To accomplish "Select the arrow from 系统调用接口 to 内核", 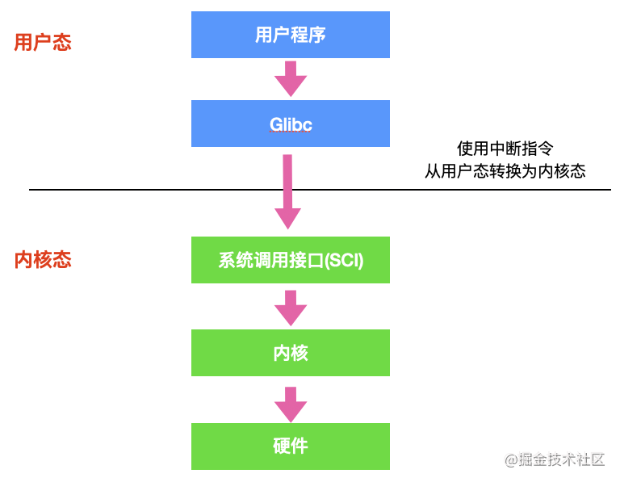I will point(291,307).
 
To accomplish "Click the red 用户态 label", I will point(43,42).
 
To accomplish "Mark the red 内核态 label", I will point(43,260).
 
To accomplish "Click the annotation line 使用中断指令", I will point(505,149).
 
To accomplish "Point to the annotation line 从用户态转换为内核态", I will point(505,171).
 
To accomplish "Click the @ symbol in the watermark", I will point(510,460).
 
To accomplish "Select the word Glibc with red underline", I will point(291,124).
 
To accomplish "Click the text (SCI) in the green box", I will point(344,260).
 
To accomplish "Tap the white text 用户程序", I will point(291,35).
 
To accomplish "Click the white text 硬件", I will point(291,446).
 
